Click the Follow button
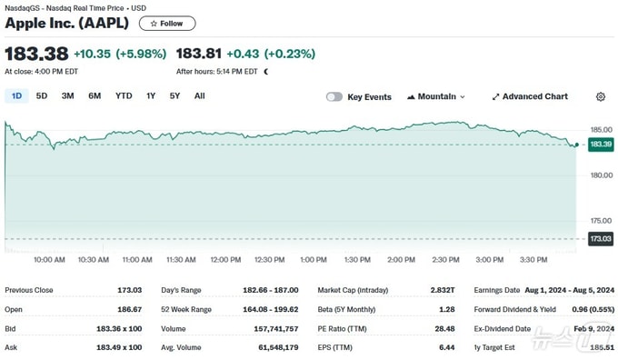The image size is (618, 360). pos(167,24)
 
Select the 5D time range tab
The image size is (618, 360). pos(42,95)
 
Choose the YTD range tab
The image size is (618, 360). pos(124,95)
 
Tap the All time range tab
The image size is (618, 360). pos(199,95)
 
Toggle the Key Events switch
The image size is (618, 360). pos(334,97)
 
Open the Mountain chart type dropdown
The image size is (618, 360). pos(436,96)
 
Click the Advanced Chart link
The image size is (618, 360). pos(530,96)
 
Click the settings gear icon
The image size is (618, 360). pos(600,96)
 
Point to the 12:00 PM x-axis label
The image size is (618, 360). pos(225,260)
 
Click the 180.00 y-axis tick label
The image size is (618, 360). pos(601,175)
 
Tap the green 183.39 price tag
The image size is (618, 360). pos(601,145)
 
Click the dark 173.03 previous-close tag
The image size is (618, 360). pos(601,238)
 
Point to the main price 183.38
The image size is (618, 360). pos(36,54)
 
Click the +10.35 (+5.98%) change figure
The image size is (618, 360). pos(120,54)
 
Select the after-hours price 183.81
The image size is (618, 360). pos(199,54)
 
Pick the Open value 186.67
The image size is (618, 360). pos(129,309)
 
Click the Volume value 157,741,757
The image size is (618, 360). pos(276,328)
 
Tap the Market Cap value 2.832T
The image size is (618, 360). pos(443,290)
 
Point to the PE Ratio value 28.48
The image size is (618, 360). pos(444,328)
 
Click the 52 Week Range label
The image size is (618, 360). pos(186,309)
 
